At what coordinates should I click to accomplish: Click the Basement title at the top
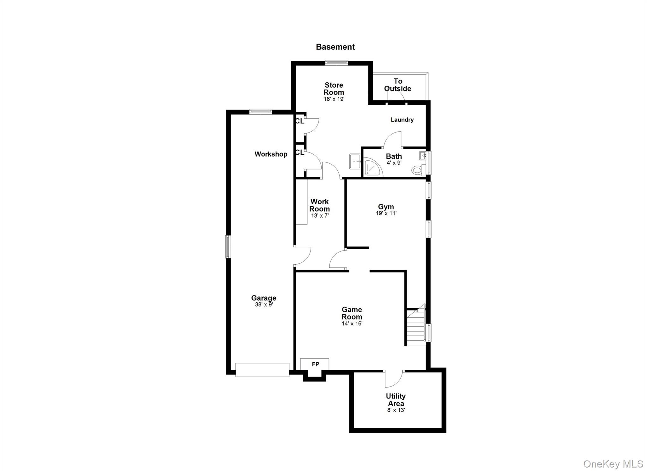pyautogui.click(x=335, y=47)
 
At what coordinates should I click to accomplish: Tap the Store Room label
pyautogui.click(x=334, y=89)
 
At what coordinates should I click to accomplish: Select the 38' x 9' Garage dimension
pyautogui.click(x=264, y=305)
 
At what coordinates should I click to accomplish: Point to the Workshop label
pyautogui.click(x=271, y=154)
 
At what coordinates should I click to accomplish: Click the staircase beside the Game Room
pyautogui.click(x=416, y=327)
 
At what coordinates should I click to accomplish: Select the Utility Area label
pyautogui.click(x=396, y=400)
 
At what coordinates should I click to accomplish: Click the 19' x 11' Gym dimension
pyautogui.click(x=386, y=214)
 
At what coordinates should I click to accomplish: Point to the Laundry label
pyautogui.click(x=402, y=120)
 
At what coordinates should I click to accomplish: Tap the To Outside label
pyautogui.click(x=398, y=85)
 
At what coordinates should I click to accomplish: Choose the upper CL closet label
pyautogui.click(x=299, y=121)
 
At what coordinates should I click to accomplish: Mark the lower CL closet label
pyautogui.click(x=299, y=152)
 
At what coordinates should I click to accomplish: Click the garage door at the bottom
pyautogui.click(x=262, y=370)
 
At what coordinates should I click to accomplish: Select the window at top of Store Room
pyautogui.click(x=336, y=63)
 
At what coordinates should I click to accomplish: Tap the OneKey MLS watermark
pyautogui.click(x=613, y=464)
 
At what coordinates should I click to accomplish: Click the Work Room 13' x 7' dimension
pyautogui.click(x=320, y=216)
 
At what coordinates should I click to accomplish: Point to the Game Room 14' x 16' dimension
pyautogui.click(x=352, y=324)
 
